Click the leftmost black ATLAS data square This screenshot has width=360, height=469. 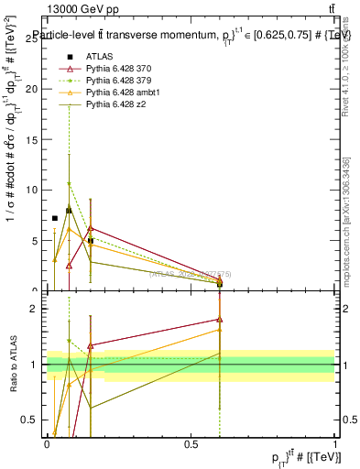click(55, 218)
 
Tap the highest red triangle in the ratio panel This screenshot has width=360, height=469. click(220, 320)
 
